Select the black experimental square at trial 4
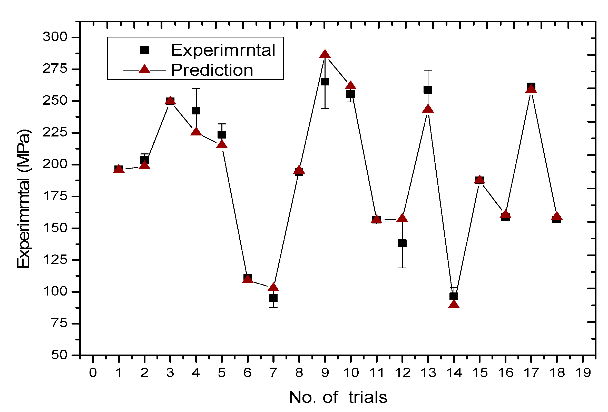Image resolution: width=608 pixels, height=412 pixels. [196, 110]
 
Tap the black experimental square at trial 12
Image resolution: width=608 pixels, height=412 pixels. [402, 243]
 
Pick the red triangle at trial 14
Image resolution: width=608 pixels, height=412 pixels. [454, 305]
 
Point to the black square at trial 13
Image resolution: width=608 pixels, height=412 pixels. [428, 90]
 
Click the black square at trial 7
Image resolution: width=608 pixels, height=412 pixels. [273, 298]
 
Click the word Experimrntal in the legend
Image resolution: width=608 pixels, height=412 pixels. [223, 50]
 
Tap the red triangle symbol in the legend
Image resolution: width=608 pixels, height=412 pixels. [144, 69]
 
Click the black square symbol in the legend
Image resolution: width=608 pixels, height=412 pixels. [144, 50]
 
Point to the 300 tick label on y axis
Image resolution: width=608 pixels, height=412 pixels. [55, 37]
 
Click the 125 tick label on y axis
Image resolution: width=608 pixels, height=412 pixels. [55, 260]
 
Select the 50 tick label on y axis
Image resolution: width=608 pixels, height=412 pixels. [59, 355]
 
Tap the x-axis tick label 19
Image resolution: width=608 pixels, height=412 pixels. [583, 373]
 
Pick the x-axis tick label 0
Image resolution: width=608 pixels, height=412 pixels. [93, 373]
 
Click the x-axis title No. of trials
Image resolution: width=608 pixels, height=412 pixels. [338, 397]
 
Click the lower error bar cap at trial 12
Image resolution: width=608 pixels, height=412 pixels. [402, 268]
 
